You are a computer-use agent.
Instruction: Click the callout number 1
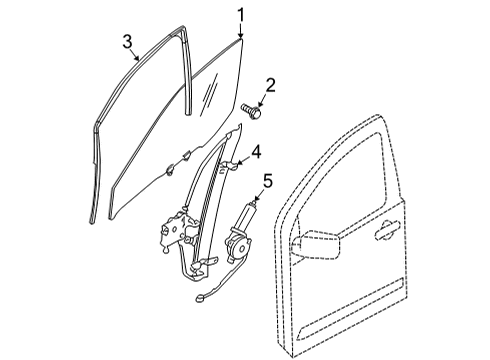[241, 13]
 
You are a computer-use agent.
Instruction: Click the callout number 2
[270, 87]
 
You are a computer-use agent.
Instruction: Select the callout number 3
[128, 40]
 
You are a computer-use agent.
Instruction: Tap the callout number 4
[256, 153]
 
